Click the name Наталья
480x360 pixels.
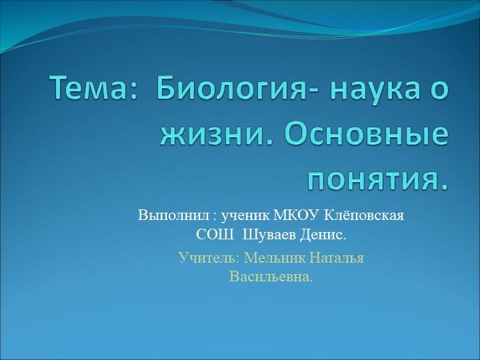point(338,257)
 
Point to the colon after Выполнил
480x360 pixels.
point(215,217)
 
